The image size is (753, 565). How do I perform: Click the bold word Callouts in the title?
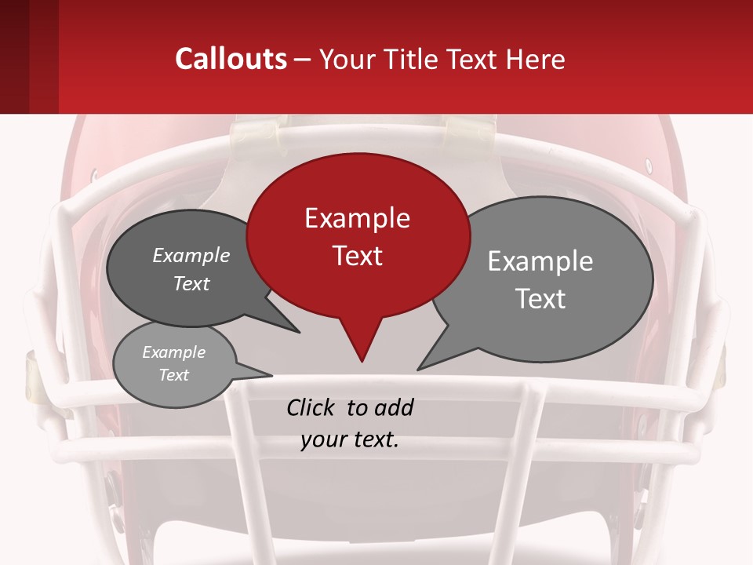231,59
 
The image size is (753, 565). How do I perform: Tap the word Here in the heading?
534,59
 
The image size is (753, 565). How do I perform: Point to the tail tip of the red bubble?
362,361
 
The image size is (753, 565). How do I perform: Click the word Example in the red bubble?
357,218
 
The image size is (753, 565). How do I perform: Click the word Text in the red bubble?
357,256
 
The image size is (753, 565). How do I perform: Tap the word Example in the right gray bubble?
540,261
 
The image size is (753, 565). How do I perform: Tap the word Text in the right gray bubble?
540,299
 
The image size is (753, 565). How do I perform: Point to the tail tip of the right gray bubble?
418,369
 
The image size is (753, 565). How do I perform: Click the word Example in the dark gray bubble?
191,256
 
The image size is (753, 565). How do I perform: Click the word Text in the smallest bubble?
174,375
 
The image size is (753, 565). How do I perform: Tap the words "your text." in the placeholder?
350,439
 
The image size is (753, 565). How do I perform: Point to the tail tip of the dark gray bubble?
299,332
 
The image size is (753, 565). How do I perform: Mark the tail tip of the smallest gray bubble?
271,374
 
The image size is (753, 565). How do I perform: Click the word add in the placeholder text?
394,407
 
